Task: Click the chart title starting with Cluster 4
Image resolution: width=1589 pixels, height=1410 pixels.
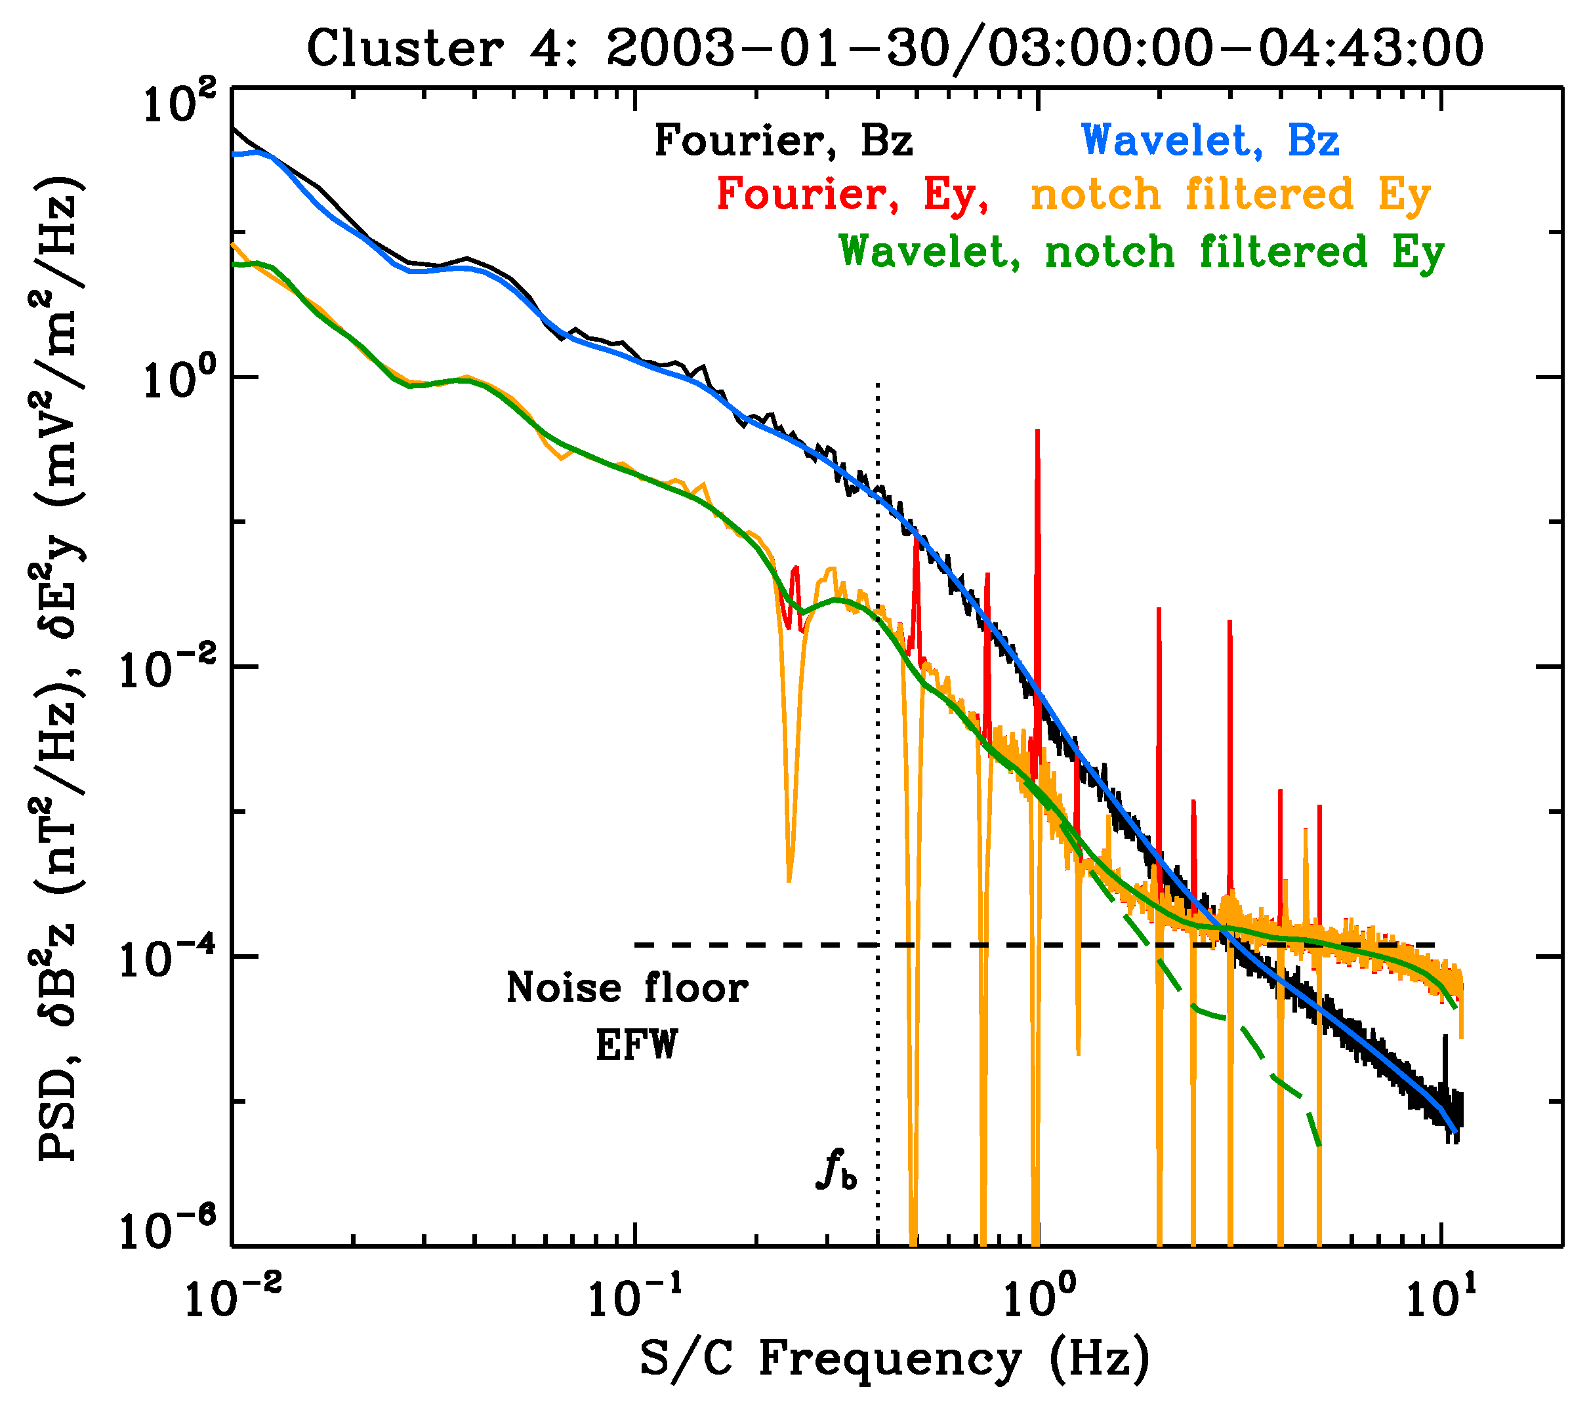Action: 894,48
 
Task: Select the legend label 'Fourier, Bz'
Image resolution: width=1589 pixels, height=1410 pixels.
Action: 783,142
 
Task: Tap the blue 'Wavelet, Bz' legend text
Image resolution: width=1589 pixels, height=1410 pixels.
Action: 1210,142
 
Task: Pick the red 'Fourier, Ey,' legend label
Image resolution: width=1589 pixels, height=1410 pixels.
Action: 852,194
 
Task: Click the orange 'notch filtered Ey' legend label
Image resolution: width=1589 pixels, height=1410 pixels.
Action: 1230,194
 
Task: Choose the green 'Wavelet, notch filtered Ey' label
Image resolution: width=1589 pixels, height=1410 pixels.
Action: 1141,252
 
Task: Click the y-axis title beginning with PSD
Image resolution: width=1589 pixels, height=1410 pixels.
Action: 58,668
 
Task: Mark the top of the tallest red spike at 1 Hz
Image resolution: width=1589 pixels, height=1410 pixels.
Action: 1037,432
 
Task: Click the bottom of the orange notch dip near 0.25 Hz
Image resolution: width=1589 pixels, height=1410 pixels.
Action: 789,880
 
